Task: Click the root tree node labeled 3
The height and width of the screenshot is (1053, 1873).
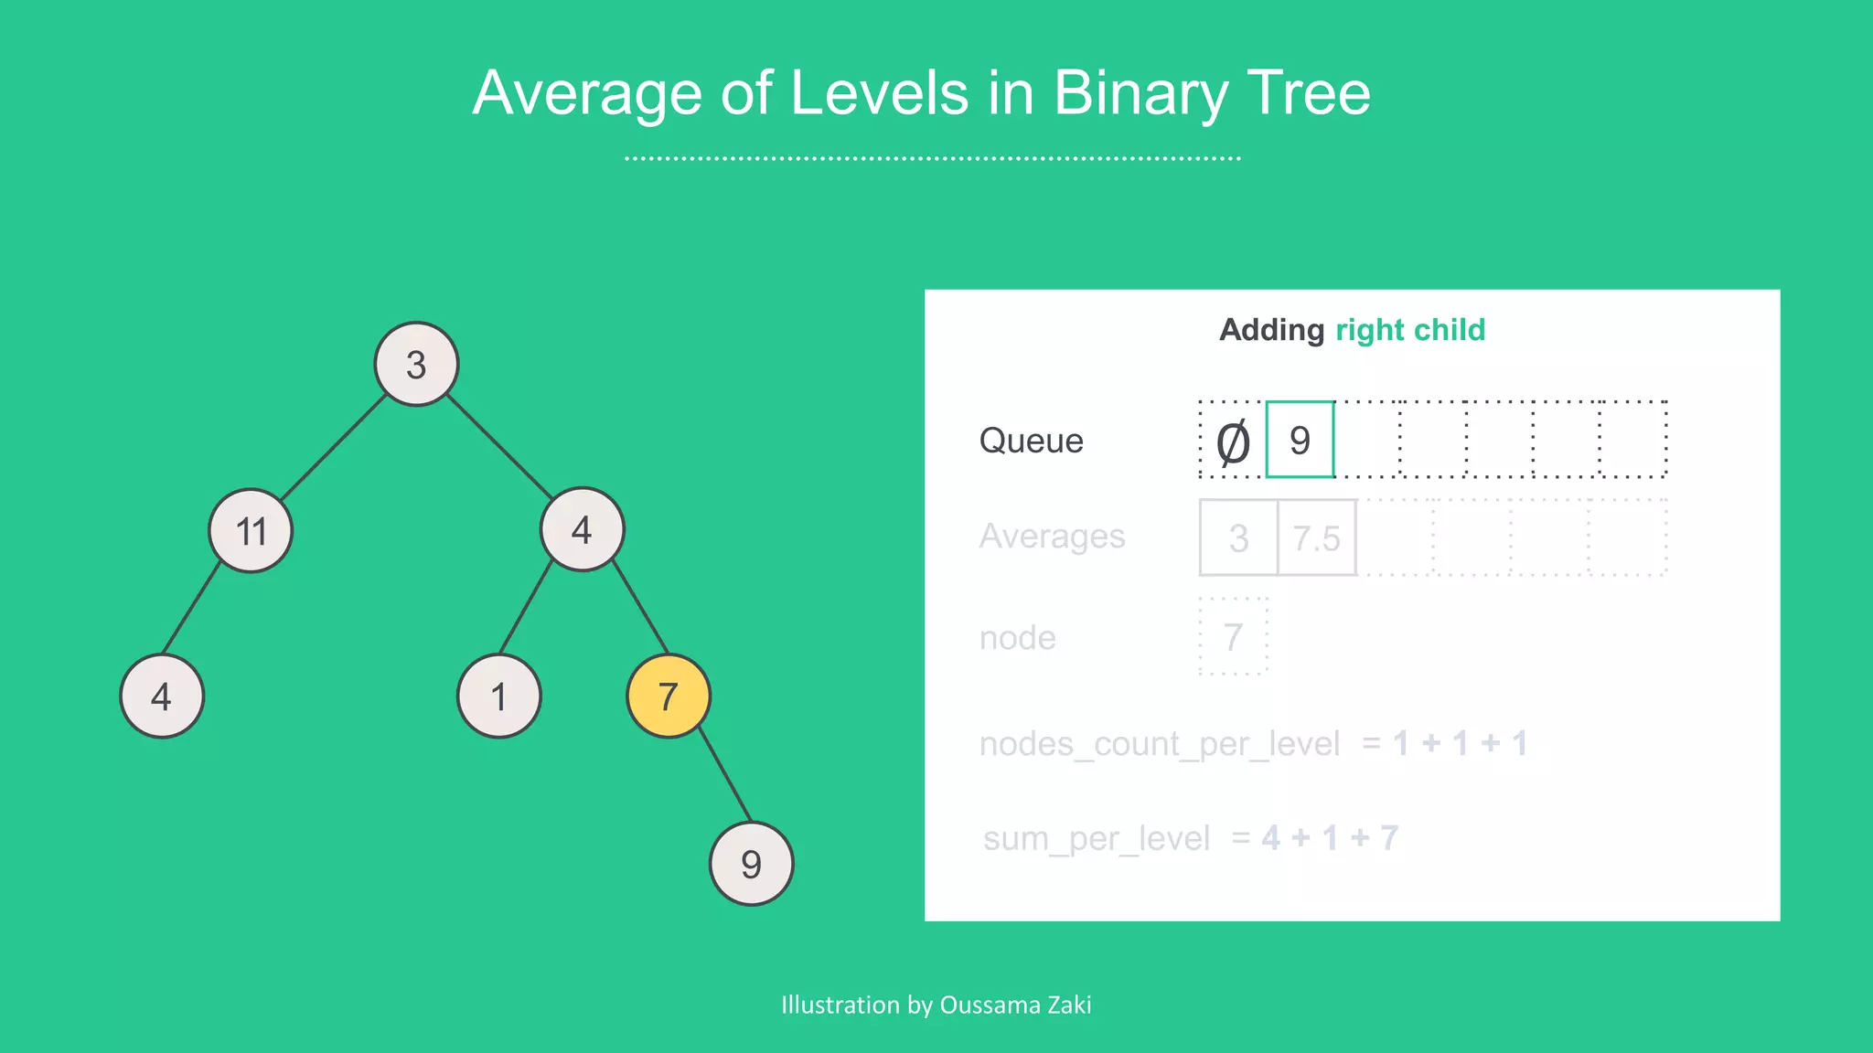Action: pos(416,364)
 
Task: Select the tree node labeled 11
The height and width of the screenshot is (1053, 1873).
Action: pos(251,530)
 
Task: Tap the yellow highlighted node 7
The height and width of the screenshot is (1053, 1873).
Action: pos(669,697)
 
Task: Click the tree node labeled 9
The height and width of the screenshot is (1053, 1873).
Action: pos(751,863)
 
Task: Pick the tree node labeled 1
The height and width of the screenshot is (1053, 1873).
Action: pos(498,697)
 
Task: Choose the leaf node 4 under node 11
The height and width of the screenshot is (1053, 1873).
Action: pos(162,697)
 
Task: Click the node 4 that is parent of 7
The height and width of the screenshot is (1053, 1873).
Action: pos(582,529)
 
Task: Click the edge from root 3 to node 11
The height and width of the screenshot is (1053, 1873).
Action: pos(334,447)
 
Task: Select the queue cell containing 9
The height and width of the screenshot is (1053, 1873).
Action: pos(1300,440)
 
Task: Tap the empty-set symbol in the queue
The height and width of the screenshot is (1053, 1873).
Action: pos(1232,442)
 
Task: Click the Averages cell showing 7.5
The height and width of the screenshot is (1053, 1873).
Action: pos(1316,538)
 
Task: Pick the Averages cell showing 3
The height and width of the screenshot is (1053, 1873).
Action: pos(1238,538)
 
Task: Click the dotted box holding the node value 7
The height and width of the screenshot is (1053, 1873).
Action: pos(1233,637)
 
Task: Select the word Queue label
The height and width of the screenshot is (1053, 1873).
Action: pos(1031,441)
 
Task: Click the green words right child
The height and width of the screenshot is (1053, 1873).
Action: pos(1410,330)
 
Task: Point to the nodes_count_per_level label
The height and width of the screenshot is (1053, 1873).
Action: pos(1159,744)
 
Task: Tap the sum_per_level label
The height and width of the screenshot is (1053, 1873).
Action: pos(1096,838)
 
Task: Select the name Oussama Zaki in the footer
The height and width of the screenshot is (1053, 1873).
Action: pos(1015,1005)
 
